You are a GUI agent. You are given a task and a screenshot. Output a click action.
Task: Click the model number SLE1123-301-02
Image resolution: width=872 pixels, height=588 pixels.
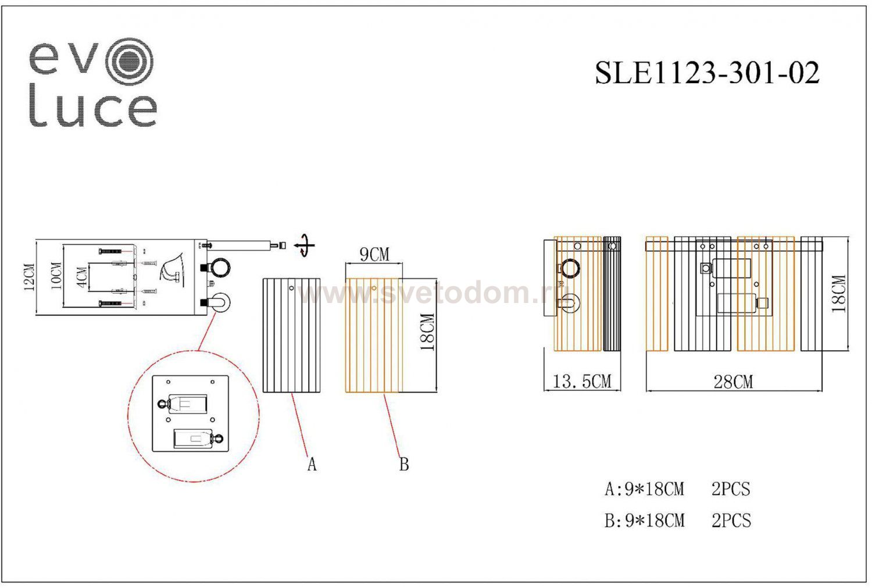[707, 73]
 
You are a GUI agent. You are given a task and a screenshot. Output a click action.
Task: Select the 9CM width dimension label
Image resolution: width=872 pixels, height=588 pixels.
[374, 255]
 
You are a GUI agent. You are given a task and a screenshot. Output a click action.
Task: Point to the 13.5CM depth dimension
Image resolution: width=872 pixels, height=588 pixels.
[582, 382]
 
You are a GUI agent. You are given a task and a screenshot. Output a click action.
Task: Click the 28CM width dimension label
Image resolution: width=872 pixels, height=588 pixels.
[733, 382]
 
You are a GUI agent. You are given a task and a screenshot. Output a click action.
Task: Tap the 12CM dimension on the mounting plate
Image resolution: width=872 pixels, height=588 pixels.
[30, 277]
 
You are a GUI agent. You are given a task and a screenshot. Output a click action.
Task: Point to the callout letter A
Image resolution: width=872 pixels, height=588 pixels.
[312, 464]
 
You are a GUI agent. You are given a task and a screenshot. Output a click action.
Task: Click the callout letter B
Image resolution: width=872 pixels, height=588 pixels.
[404, 464]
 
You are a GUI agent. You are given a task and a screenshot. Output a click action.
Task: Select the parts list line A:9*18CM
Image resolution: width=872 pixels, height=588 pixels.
[644, 489]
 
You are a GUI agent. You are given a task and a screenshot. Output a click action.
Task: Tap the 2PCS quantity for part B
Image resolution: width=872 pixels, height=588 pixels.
[731, 520]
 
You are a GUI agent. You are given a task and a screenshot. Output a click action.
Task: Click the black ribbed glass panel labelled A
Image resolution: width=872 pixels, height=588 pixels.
[292, 335]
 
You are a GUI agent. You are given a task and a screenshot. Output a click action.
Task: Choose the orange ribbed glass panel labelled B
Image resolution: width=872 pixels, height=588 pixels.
[373, 335]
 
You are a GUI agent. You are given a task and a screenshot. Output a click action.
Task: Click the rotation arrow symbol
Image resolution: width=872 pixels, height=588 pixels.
[304, 245]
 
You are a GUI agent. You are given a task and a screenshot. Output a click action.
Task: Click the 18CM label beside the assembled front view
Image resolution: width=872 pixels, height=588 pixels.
[838, 294]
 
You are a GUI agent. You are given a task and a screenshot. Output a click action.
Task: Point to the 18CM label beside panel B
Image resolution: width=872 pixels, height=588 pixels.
[427, 332]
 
